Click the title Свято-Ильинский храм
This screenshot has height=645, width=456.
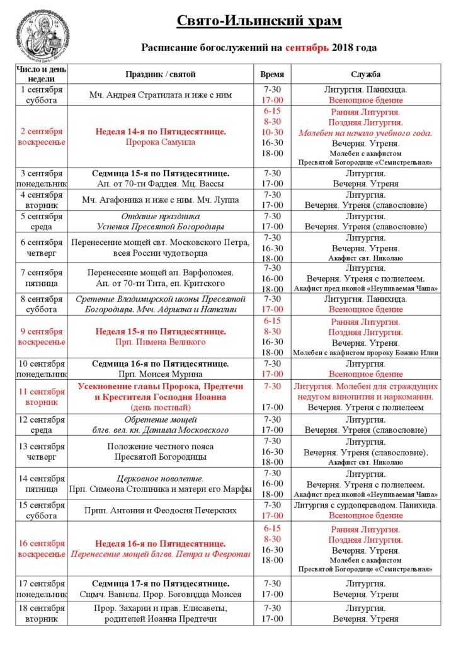[258, 21]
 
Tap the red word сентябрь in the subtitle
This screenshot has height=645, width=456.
[307, 47]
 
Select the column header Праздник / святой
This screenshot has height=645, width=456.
[161, 74]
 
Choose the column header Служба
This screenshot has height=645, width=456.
[365, 74]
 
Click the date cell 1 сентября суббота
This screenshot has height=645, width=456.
[41, 95]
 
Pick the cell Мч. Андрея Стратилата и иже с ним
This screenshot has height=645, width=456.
[161, 95]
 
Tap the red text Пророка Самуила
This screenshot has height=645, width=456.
[161, 142]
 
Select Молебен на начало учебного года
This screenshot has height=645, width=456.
[365, 132]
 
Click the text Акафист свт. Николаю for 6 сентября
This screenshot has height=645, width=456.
[365, 258]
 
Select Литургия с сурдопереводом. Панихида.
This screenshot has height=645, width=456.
[365, 505]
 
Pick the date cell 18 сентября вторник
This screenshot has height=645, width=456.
[41, 614]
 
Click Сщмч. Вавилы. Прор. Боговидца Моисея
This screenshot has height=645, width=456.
[161, 594]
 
